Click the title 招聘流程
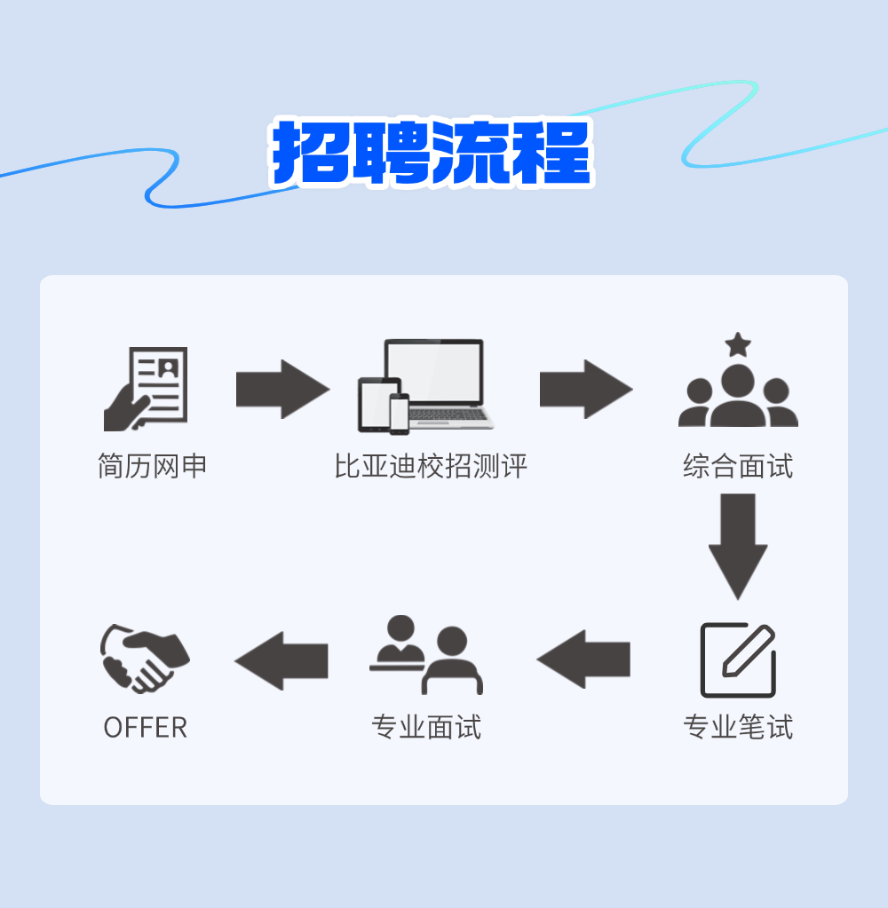pos(432,153)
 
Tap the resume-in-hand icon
pos(147,389)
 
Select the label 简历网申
pos(152,466)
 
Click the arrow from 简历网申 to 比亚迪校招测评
pos(282,389)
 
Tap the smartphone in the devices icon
pos(399,414)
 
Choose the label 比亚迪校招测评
pos(431,466)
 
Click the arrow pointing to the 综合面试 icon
pos(586,389)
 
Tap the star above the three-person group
pos(738,344)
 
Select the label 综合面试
pos(738,466)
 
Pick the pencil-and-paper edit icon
pos(738,659)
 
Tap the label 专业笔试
pos(738,728)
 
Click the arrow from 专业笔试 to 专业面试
pos(583,659)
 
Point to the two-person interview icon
pos(426,655)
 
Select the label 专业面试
pos(426,728)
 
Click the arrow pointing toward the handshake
pos(281,660)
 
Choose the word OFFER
pos(146,728)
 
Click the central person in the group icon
pos(738,395)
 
